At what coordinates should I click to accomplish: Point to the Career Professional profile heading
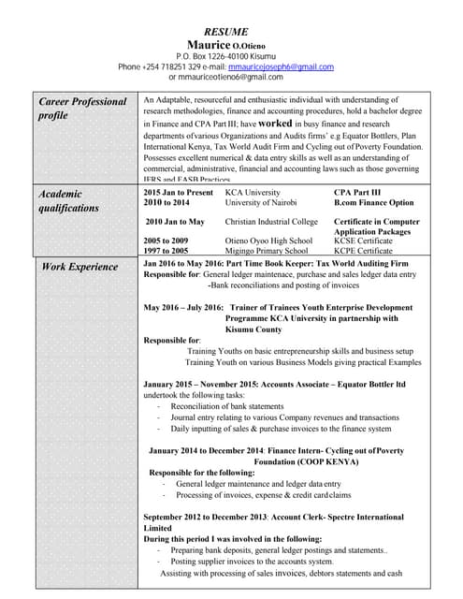(x=82, y=109)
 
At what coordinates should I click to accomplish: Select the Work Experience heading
(x=80, y=267)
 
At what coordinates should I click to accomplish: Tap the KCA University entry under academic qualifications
(x=253, y=192)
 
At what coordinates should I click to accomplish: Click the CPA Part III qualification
(x=358, y=192)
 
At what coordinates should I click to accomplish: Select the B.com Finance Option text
(x=373, y=202)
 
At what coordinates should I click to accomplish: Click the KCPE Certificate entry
(x=363, y=251)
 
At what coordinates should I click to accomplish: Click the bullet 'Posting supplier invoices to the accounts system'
(x=252, y=562)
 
